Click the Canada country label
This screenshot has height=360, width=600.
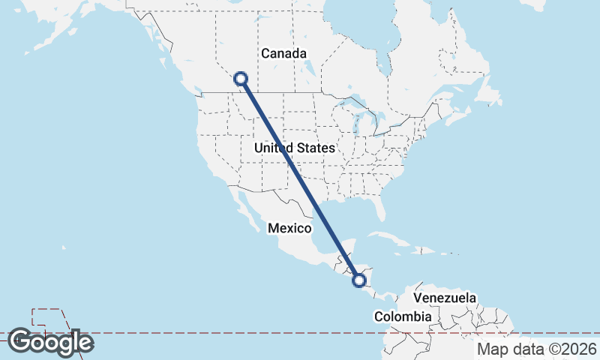point(283,53)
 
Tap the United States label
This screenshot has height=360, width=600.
point(294,148)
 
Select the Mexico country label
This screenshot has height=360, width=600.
point(289,228)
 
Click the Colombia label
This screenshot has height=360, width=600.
point(403,316)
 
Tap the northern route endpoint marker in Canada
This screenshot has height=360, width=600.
point(241,78)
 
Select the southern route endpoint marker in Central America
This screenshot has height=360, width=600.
point(359,280)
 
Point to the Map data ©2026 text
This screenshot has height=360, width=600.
point(537,349)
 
